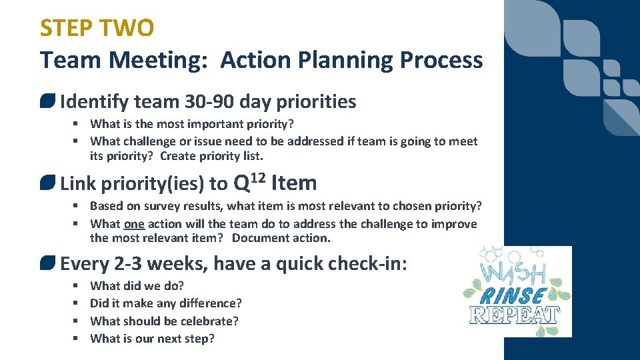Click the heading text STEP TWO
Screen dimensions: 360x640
(x=97, y=28)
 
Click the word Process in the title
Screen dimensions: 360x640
(x=441, y=60)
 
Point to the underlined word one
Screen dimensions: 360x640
(x=134, y=224)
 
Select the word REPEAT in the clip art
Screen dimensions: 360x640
(x=516, y=315)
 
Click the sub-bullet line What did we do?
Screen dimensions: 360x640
(x=137, y=286)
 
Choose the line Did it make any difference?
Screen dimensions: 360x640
(x=166, y=303)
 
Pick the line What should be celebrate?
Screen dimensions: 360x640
(x=164, y=321)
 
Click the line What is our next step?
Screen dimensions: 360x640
(x=152, y=338)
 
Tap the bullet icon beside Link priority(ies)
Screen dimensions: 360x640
(x=48, y=183)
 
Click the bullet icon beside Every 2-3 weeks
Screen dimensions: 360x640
(x=48, y=264)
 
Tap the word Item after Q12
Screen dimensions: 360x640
(x=294, y=183)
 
